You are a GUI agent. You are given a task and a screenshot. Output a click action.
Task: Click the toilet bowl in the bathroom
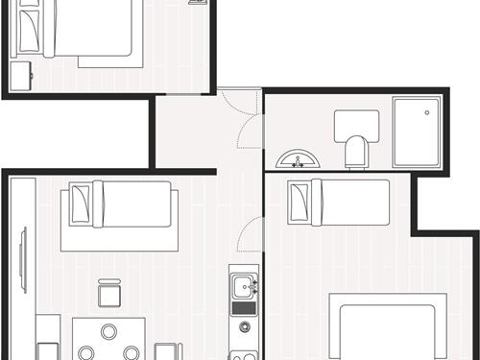355,152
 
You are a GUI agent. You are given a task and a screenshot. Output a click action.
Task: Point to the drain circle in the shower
426,112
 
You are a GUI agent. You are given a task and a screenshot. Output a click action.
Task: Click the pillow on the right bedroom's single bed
301,202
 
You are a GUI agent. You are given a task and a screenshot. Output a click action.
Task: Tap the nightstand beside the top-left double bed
21,72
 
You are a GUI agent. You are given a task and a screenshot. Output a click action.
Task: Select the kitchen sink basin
244,285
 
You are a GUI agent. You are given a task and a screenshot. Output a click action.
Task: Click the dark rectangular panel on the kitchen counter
244,308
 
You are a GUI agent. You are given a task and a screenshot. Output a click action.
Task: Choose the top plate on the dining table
108,331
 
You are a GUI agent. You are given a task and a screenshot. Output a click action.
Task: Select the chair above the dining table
108,292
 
